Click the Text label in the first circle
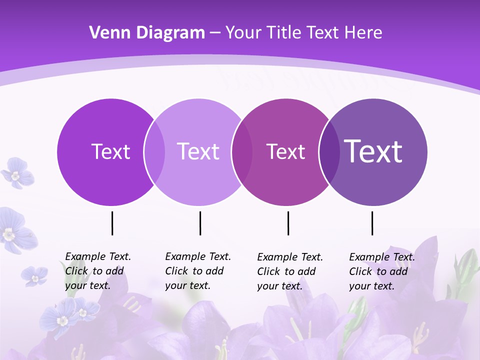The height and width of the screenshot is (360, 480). [x=110, y=151]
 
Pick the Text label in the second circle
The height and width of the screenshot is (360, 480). [x=198, y=151]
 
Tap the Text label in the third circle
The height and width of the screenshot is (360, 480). [x=285, y=151]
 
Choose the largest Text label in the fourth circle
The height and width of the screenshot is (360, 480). [x=373, y=151]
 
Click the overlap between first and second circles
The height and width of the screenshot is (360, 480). [x=154, y=152]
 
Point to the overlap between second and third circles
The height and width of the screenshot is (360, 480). [x=242, y=152]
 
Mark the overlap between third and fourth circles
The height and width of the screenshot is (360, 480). [x=329, y=152]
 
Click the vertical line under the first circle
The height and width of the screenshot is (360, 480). [x=112, y=223]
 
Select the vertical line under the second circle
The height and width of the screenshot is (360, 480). [x=200, y=223]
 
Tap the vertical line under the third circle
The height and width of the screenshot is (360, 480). [x=288, y=223]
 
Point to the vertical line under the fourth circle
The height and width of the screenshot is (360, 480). [x=372, y=223]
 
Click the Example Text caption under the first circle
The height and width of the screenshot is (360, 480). [x=97, y=271]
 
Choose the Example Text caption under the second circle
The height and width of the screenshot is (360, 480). [x=197, y=271]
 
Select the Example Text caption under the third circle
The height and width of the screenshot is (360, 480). [x=289, y=271]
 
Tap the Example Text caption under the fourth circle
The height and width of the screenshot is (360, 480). [x=381, y=271]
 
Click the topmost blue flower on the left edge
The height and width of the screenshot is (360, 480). [x=16, y=173]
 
